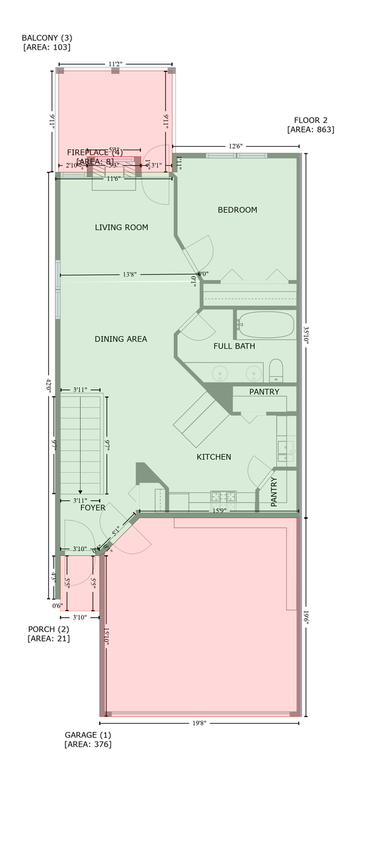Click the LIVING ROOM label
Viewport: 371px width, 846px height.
click(x=121, y=227)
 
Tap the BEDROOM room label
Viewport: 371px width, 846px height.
click(x=237, y=210)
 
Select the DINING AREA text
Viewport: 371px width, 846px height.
click(x=120, y=339)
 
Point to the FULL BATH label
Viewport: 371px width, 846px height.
click(x=234, y=346)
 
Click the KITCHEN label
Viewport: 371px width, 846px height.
click(x=214, y=457)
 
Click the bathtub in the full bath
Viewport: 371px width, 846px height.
click(x=265, y=325)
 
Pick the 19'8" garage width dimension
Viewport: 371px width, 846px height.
click(x=200, y=723)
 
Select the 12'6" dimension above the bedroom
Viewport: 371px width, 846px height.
click(x=235, y=146)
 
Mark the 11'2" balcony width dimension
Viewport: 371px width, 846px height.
click(x=115, y=65)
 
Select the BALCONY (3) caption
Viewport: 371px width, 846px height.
click(x=46, y=38)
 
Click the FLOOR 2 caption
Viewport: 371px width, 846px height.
click(x=311, y=120)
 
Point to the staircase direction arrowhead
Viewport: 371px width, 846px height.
click(x=80, y=492)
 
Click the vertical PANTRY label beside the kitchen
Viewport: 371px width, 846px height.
click(x=274, y=490)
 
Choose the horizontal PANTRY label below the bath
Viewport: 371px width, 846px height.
click(x=264, y=392)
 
